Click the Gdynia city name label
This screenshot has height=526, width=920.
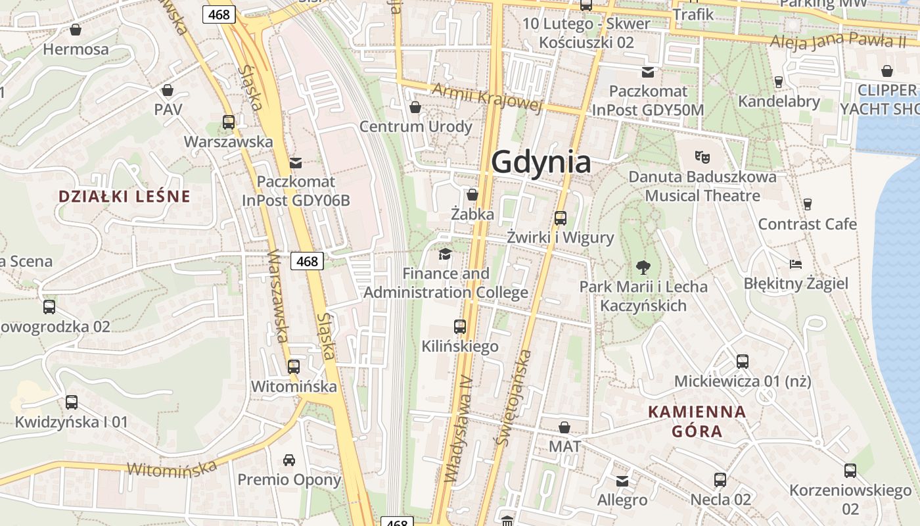pos(541,162)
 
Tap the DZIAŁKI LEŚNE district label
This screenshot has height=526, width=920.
pos(124,196)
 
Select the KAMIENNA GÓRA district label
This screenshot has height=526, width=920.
pos(697,421)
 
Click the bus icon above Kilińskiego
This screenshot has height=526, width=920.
pos(460,326)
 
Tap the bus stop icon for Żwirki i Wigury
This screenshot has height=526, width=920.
pos(561,218)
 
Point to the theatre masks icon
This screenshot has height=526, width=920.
pos(702,157)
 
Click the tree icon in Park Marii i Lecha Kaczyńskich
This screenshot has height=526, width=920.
pos(643,267)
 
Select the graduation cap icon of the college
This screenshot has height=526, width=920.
pos(446,254)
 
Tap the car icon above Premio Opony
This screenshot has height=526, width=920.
pos(289,460)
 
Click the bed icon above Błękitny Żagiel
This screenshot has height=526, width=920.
pos(796,264)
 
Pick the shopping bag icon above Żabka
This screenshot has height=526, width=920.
pos(472,195)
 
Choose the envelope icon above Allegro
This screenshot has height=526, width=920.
pos(622,481)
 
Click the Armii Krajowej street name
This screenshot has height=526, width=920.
pos(487,97)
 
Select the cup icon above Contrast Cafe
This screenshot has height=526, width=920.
pos(807,204)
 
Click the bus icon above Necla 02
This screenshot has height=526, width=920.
pos(720,480)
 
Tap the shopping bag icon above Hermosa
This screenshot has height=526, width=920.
pos(76,30)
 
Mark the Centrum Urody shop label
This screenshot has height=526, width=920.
pos(416,126)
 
